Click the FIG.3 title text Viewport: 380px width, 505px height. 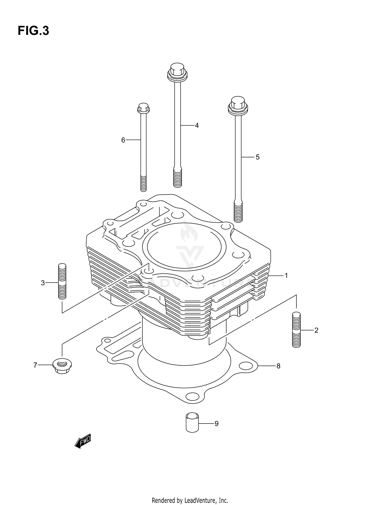(x=33, y=31)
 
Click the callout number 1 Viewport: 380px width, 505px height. (x=286, y=276)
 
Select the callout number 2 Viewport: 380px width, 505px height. (x=316, y=330)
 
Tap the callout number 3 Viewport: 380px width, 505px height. (x=43, y=283)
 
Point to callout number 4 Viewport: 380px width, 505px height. (x=197, y=125)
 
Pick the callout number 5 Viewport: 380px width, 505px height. (x=257, y=157)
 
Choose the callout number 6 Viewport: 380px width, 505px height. (x=123, y=140)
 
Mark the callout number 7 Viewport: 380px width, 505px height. (x=35, y=365)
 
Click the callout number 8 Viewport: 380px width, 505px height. (x=278, y=366)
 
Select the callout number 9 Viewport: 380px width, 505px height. (x=216, y=424)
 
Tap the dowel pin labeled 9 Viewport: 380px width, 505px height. (x=192, y=422)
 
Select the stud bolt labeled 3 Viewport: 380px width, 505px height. (x=62, y=281)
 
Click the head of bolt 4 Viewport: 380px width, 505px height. (x=177, y=71)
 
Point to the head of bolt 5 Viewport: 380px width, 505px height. (x=238, y=104)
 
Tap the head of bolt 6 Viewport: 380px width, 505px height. (x=143, y=108)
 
